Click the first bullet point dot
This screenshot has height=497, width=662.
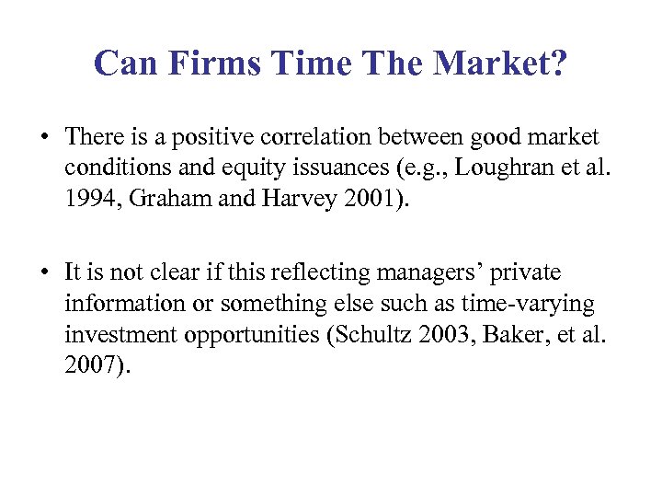pos(44,139)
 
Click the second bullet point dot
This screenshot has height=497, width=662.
pos(44,273)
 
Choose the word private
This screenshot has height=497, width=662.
pos(529,273)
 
